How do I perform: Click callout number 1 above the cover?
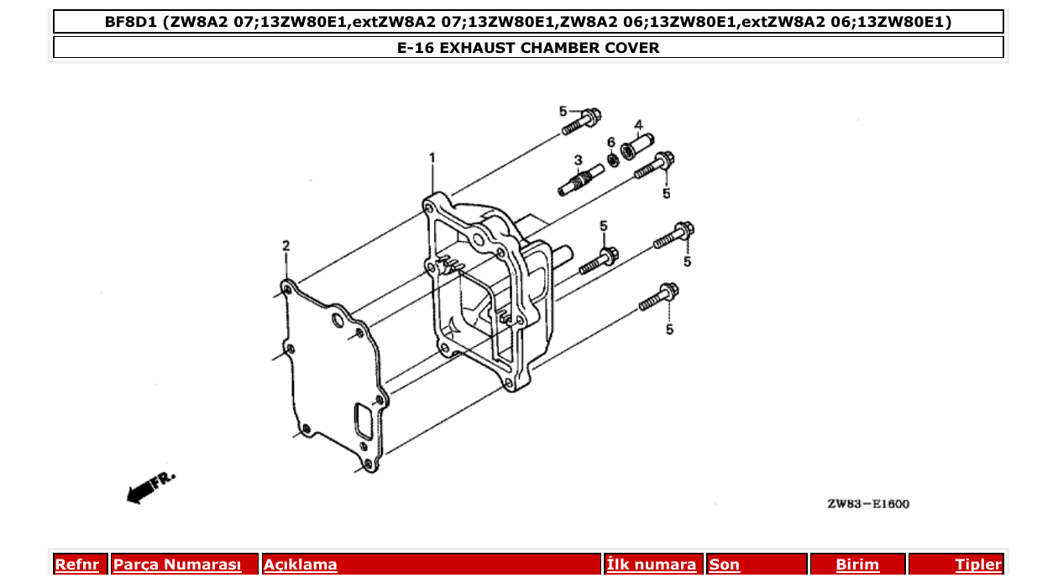(x=432, y=157)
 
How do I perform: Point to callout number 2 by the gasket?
(x=285, y=245)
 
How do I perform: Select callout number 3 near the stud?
(x=578, y=160)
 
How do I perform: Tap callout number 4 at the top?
(x=638, y=125)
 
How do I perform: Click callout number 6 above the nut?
(x=611, y=141)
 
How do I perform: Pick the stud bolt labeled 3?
(x=577, y=181)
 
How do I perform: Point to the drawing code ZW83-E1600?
(x=867, y=504)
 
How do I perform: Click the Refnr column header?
(x=77, y=565)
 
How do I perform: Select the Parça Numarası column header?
(x=177, y=565)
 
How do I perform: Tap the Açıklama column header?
(x=301, y=565)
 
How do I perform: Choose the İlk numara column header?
(x=652, y=565)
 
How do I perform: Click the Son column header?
(x=725, y=565)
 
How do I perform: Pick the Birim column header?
(x=857, y=565)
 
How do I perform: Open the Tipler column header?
(x=978, y=565)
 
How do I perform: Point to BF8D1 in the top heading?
(x=130, y=22)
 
